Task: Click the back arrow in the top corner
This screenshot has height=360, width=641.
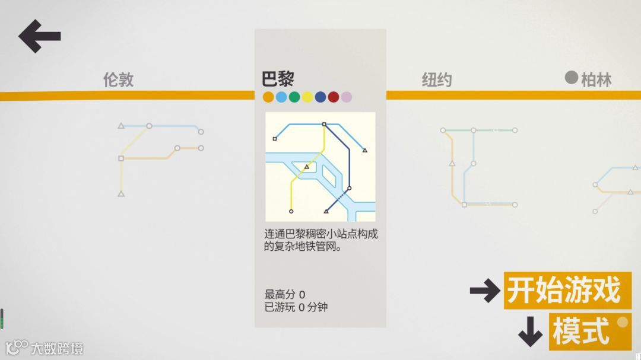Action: (39, 36)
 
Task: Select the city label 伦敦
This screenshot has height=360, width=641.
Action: (119, 80)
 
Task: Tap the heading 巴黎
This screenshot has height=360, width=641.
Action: (278, 79)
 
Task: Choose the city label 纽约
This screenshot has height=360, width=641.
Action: (437, 80)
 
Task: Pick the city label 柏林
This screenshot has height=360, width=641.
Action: (596, 80)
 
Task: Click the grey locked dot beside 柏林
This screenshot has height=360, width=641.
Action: (571, 78)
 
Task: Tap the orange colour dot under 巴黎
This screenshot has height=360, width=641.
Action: (268, 97)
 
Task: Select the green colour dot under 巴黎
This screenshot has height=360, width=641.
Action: (294, 97)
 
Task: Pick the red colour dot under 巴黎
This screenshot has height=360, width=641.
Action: (334, 97)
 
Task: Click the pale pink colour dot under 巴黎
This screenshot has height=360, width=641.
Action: (347, 97)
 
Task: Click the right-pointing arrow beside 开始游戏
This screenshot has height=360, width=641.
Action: (485, 291)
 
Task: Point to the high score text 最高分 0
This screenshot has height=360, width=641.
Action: (285, 294)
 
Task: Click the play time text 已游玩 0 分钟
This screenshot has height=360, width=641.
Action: (296, 307)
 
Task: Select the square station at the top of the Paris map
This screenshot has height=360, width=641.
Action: (324, 125)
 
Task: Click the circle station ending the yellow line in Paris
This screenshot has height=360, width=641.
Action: (291, 211)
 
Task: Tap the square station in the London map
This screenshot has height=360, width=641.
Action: (121, 158)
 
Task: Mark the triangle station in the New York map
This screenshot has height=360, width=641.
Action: (452, 163)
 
